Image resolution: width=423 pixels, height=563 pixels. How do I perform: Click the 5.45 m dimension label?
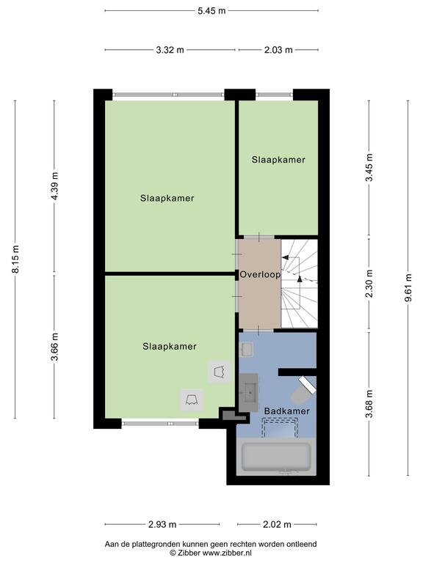click(x=211, y=11)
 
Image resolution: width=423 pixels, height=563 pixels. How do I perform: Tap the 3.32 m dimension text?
click(x=170, y=50)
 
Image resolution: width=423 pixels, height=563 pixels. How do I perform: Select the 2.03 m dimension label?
click(x=278, y=50)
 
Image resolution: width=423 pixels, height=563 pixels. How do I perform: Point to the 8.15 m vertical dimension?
click(x=15, y=259)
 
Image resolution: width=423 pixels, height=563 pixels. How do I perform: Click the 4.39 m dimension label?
click(x=54, y=186)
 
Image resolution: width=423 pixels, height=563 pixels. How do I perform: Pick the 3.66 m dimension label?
click(x=54, y=347)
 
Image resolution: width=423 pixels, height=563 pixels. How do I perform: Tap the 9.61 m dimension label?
click(x=408, y=287)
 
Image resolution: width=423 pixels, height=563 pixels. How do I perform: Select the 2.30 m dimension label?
click(x=369, y=284)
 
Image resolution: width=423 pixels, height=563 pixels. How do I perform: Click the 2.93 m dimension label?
click(x=162, y=525)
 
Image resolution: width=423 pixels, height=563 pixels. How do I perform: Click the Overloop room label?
click(x=260, y=275)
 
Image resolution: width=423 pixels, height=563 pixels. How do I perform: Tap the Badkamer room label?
click(x=286, y=411)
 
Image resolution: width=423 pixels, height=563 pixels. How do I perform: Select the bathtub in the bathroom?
click(x=276, y=457)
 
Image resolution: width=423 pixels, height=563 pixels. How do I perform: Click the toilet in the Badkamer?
click(x=303, y=391)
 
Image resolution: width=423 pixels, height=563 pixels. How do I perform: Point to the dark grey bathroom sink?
click(x=248, y=392)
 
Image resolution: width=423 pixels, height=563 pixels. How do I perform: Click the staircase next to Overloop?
click(x=300, y=283)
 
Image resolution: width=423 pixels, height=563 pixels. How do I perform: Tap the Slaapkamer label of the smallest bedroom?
click(x=278, y=160)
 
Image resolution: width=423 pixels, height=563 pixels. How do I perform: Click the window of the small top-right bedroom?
click(x=275, y=95)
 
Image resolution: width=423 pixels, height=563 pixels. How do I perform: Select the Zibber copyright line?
click(x=211, y=553)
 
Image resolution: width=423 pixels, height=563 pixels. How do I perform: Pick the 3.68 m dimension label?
click(x=369, y=405)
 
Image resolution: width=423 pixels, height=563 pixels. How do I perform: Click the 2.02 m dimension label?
click(x=277, y=525)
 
